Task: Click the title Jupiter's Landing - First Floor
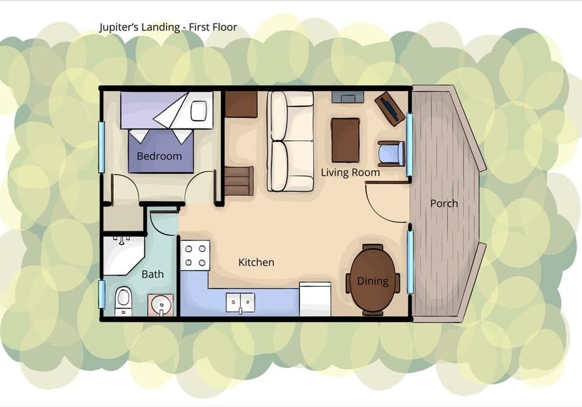(x=168, y=28)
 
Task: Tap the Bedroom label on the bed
(x=159, y=156)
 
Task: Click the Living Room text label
(x=350, y=172)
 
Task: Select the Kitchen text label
(x=256, y=262)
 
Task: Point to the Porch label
(x=444, y=203)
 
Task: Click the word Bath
(x=152, y=274)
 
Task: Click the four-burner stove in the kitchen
(x=195, y=255)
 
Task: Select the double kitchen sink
(x=240, y=303)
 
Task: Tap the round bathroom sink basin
(x=161, y=305)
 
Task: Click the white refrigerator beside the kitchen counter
(x=315, y=299)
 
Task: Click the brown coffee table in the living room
(x=346, y=140)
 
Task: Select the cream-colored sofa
(x=290, y=141)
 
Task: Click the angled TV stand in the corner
(x=390, y=108)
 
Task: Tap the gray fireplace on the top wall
(x=348, y=97)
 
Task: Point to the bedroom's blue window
(x=101, y=147)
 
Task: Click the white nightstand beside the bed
(x=198, y=110)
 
